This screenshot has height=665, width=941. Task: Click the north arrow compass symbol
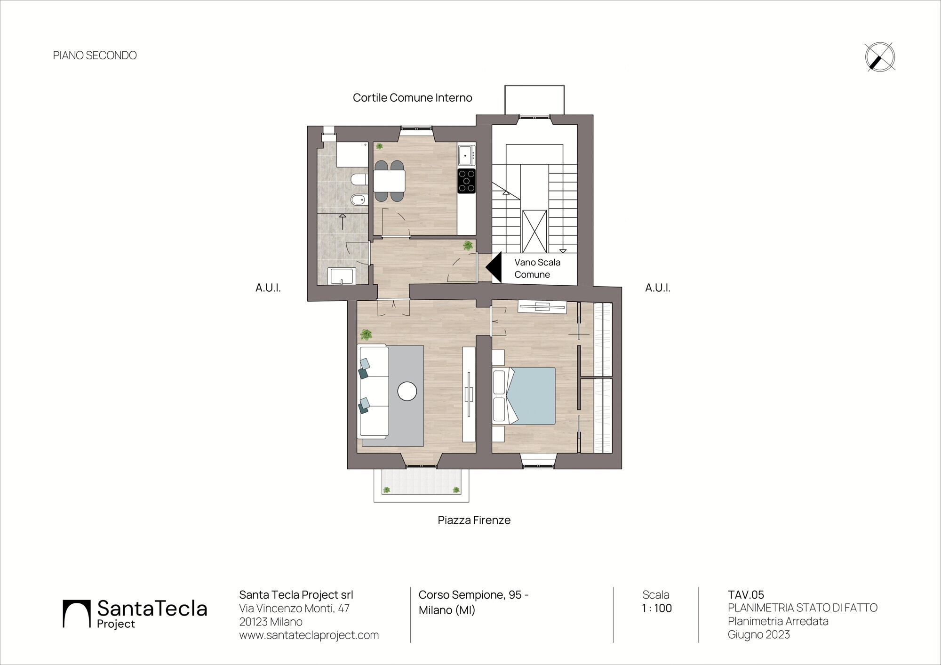click(880, 57)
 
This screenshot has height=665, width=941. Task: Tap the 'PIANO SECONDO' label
click(95, 56)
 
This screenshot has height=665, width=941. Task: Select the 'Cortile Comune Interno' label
click(412, 98)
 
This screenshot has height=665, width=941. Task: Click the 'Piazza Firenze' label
click(474, 520)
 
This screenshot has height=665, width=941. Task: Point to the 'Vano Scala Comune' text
click(537, 268)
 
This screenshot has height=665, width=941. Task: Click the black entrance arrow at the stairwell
click(494, 267)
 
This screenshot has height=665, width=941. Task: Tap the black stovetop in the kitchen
click(467, 181)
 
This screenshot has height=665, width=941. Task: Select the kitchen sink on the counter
click(467, 155)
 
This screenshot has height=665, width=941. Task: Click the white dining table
click(389, 181)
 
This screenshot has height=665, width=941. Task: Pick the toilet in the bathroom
click(359, 179)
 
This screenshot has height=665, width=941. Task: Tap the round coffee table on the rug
click(407, 391)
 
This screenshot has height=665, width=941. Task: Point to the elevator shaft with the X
click(534, 232)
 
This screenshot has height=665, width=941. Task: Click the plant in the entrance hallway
click(468, 245)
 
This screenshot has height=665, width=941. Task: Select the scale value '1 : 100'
click(656, 608)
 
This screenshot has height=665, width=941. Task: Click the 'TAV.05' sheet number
click(746, 595)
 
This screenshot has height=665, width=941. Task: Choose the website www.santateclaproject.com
click(309, 635)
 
